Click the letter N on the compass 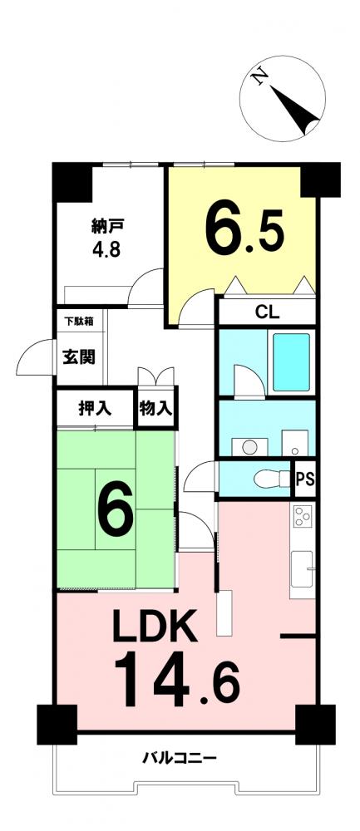click(x=259, y=77)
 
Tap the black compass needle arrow click(x=296, y=109)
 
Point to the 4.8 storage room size click(x=105, y=249)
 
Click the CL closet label click(x=267, y=312)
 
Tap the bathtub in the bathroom click(x=291, y=362)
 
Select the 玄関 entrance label click(x=80, y=356)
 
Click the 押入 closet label click(x=95, y=407)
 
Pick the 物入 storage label click(x=155, y=408)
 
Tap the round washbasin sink click(x=249, y=447)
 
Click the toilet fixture click(x=272, y=479)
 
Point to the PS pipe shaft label click(x=305, y=479)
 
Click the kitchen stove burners click(x=303, y=516)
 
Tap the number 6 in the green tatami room click(x=116, y=509)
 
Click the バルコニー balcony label click(x=180, y=759)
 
